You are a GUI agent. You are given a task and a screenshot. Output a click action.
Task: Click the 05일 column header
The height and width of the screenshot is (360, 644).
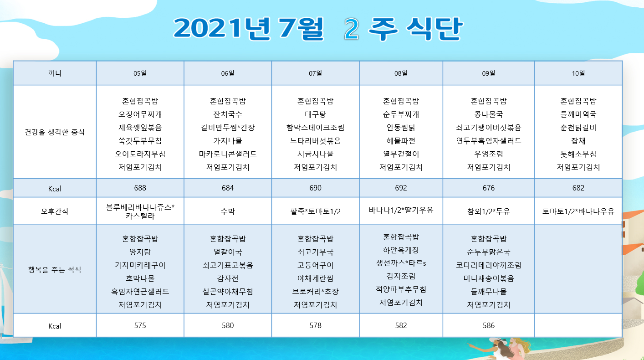coord(140,73)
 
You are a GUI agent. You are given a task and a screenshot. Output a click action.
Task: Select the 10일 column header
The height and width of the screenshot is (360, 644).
coord(578,73)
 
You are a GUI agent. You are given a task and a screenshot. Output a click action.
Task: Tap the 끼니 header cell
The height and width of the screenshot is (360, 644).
coord(55,73)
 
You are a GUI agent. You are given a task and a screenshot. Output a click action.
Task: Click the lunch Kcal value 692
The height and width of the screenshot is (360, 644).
coord(401,188)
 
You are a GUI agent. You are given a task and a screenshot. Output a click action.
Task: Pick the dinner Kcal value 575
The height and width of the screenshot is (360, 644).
coord(140,325)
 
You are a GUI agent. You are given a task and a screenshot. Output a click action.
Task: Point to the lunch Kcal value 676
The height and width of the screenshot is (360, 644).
coord(488,188)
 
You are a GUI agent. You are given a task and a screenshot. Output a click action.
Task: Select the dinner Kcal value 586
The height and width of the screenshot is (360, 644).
coord(488,325)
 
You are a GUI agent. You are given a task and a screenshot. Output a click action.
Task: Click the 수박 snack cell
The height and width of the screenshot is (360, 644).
coord(228,211)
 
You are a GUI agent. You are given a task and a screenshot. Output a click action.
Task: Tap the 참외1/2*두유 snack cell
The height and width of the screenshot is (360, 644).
coord(488,211)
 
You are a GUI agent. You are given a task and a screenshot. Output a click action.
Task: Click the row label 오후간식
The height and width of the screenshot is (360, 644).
coord(55,211)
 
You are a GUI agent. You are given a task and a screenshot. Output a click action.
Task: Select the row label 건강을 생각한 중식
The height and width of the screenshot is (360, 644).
coord(55,132)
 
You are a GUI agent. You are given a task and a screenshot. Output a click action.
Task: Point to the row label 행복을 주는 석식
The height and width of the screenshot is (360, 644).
coord(55,270)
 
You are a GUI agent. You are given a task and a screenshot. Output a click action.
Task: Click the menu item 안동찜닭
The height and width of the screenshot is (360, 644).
coord(401,128)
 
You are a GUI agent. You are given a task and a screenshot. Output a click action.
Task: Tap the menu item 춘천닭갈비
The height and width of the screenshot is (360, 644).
coord(578,128)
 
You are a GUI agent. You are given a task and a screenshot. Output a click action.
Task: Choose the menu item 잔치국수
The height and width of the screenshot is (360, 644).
coord(228,114)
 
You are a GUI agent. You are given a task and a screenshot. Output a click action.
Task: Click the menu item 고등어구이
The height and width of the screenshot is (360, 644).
coord(315,265)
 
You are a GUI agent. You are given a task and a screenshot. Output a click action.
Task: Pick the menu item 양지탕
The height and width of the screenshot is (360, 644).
coord(140,252)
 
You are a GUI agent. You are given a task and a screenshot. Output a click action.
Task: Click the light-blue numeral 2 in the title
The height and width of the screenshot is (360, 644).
coord(351,29)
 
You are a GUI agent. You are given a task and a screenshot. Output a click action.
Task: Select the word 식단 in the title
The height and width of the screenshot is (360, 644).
coord(434,29)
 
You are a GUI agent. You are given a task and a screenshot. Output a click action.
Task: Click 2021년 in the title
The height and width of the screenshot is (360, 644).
coord(222,29)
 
